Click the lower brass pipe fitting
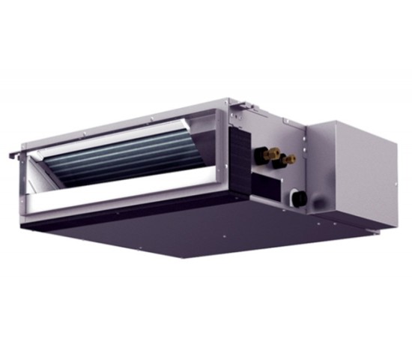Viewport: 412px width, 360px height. coord(288,159)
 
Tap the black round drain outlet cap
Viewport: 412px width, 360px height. coord(297,199)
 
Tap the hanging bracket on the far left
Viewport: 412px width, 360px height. coord(14,155)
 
